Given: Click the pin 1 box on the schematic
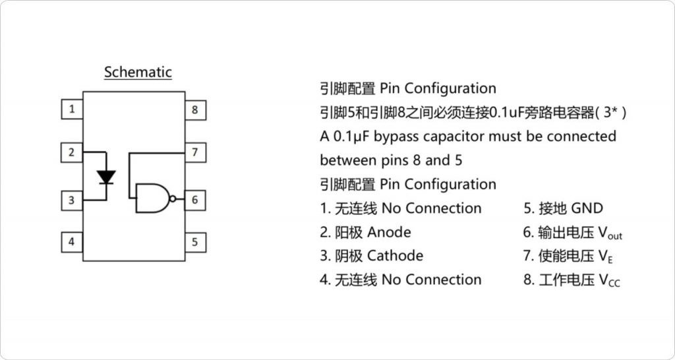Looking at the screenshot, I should point(71,109).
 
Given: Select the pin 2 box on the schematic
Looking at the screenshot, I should point(71,153).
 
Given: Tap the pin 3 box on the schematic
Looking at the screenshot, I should point(71,199).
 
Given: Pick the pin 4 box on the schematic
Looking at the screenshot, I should point(71,241).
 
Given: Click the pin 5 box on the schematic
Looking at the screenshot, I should point(194,241).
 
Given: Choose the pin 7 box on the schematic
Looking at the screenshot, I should point(194,153).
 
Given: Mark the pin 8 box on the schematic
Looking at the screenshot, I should point(194,109).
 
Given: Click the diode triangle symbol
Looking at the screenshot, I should point(106,177).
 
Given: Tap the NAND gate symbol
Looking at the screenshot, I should point(152,198).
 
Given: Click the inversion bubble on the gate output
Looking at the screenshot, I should point(173,198).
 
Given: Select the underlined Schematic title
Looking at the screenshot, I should point(138,72).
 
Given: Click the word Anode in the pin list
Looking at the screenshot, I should point(389,232).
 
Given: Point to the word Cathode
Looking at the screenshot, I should point(395,256).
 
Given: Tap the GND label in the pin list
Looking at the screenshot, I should point(587,208).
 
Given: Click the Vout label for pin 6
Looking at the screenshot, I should point(610,233).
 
